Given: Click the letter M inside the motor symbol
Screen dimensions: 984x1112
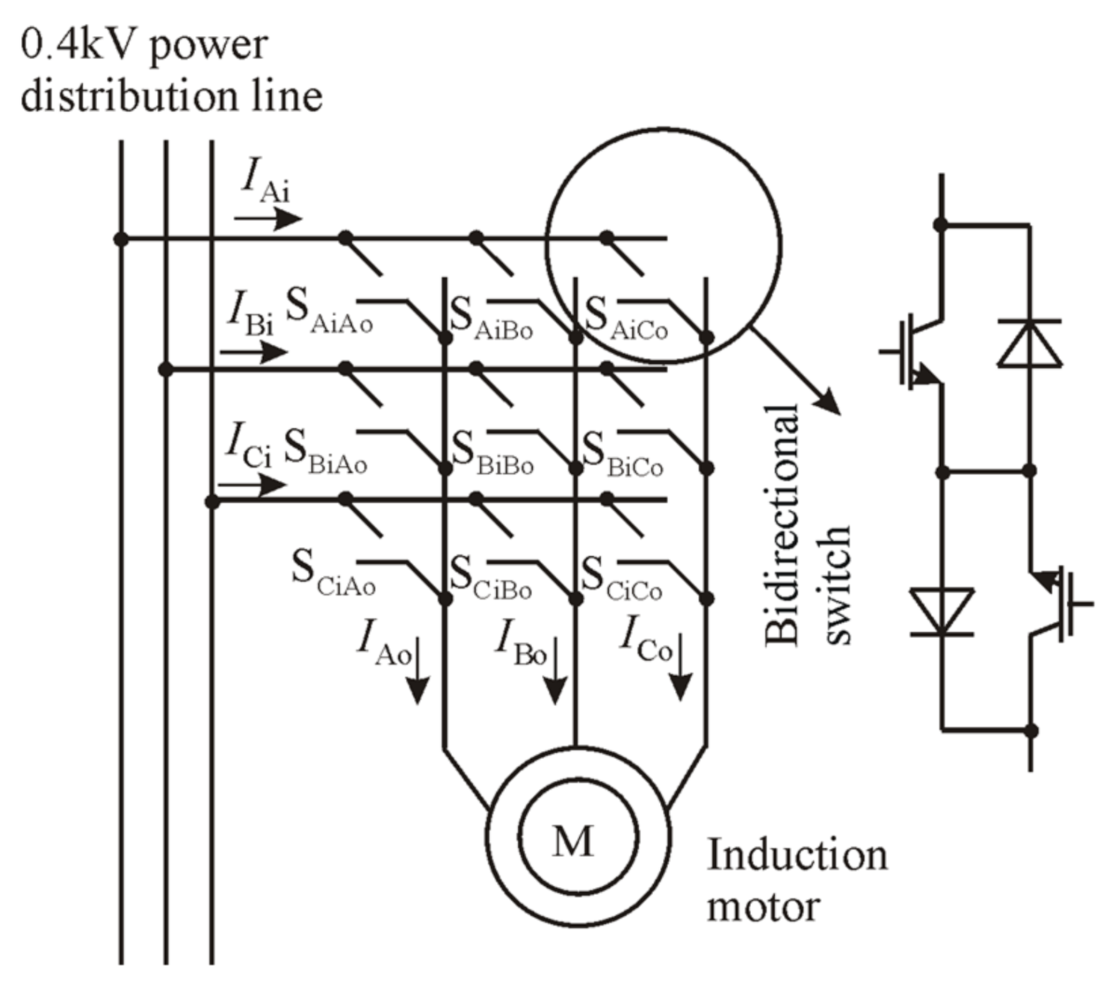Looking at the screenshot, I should point(573,841).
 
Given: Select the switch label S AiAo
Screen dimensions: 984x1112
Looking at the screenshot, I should point(329,314).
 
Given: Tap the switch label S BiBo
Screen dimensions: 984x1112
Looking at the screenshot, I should point(492,454).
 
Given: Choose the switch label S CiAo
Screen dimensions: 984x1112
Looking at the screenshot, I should point(333,573).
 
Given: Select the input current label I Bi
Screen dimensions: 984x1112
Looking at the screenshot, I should point(250,314).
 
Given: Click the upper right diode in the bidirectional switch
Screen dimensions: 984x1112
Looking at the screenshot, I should point(1030,344).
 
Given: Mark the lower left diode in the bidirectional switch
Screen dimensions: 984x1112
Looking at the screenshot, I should point(942,611).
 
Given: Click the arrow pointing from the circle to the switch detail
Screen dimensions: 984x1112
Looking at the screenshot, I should point(797,371).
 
